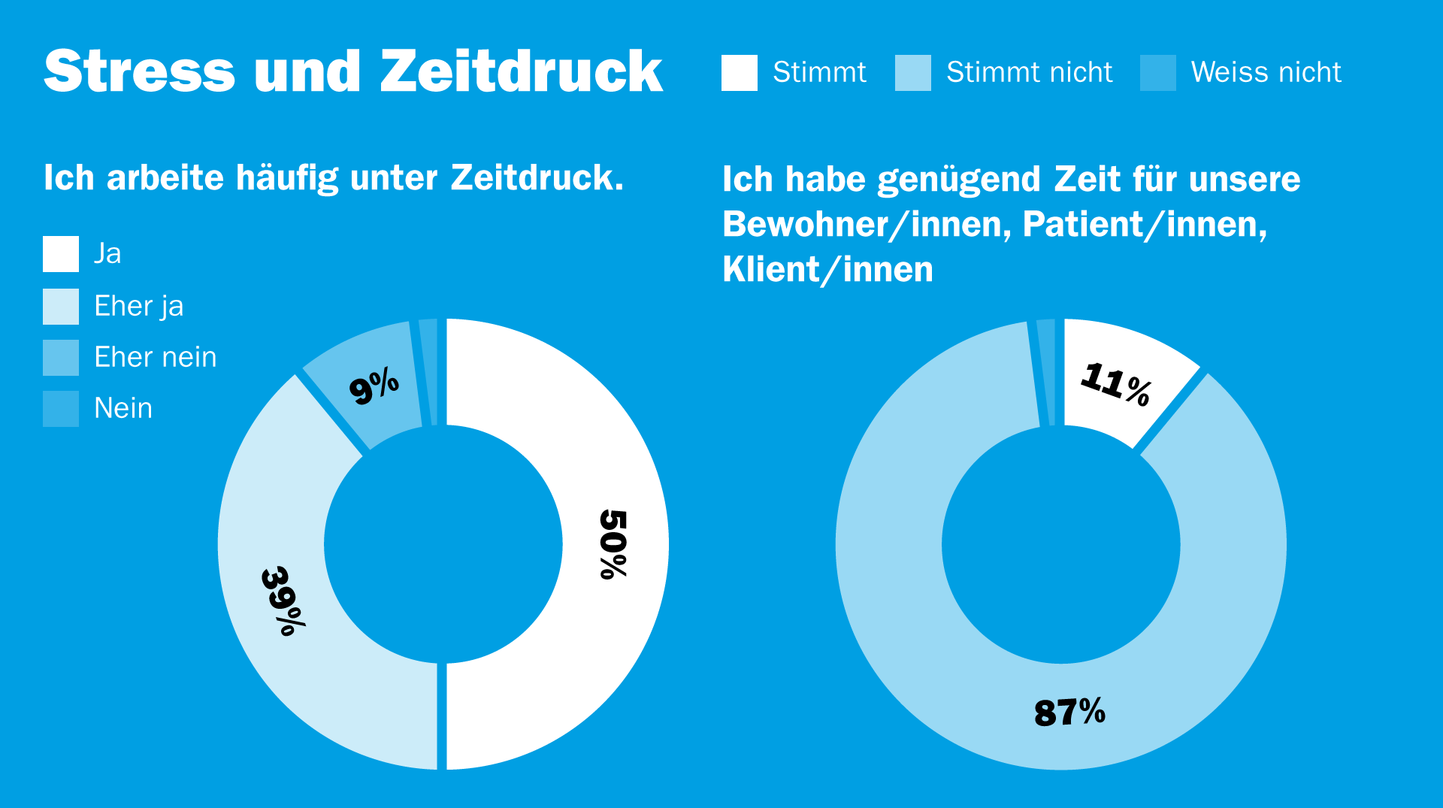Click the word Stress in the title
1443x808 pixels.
pyautogui.click(x=140, y=71)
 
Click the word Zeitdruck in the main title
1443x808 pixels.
pyautogui.click(x=521, y=71)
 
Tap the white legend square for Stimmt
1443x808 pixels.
pyautogui.click(x=739, y=73)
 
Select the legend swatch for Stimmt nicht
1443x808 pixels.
pyautogui.click(x=912, y=73)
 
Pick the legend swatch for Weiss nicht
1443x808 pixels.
pyautogui.click(x=1157, y=73)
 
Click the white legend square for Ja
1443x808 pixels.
pyautogui.click(x=61, y=254)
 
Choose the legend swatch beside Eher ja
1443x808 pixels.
pyautogui.click(x=61, y=307)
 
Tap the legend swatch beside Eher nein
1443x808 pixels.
pyautogui.click(x=61, y=358)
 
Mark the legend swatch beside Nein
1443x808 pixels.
pyautogui.click(x=61, y=409)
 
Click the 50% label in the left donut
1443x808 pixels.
pyautogui.click(x=613, y=544)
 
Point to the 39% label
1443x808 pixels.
pyautogui.click(x=283, y=601)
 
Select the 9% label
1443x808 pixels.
pyautogui.click(x=374, y=386)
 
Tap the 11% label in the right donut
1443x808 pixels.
pyautogui.click(x=1115, y=383)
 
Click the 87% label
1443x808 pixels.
pyautogui.click(x=1069, y=712)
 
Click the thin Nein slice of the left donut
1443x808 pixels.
pyautogui.click(x=428, y=372)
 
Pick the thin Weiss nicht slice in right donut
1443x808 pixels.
pyautogui.click(x=1046, y=372)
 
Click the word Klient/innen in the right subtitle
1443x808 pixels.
pyautogui.click(x=827, y=270)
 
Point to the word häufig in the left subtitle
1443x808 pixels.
pyautogui.click(x=287, y=178)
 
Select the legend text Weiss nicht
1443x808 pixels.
pyautogui.click(x=1266, y=72)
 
